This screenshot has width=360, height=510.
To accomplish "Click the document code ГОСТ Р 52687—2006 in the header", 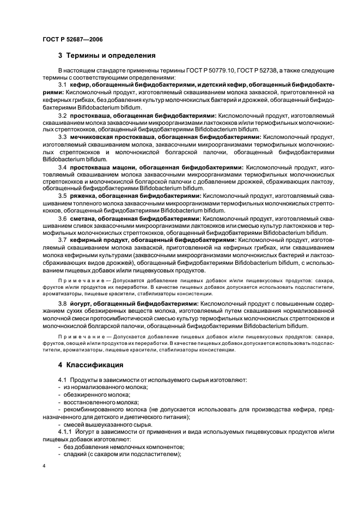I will click(72, 39).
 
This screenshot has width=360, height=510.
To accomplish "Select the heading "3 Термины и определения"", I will click(107, 56).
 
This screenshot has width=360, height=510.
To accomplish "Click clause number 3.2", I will click(62, 116).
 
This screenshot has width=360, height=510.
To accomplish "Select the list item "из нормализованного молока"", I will click(97, 387).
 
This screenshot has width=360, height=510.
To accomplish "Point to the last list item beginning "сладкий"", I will click(120, 454).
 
